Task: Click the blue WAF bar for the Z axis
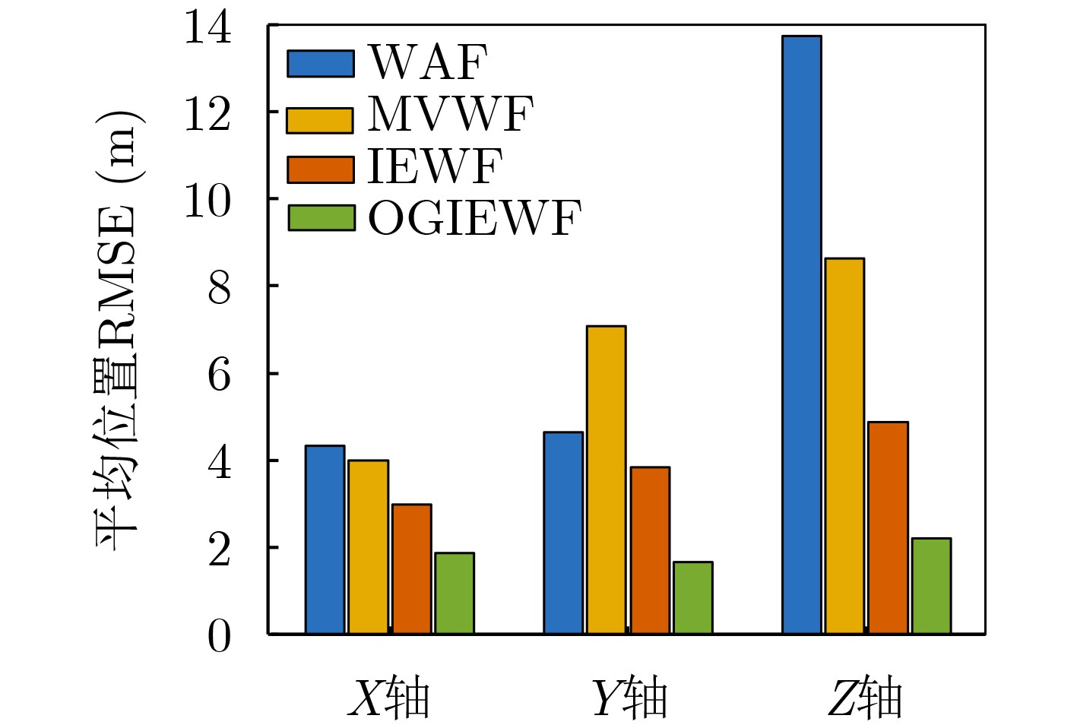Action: click(801, 334)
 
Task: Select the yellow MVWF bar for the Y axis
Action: click(606, 480)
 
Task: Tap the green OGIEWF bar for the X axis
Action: click(455, 593)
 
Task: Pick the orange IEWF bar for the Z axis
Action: click(888, 527)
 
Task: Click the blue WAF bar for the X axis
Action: click(325, 540)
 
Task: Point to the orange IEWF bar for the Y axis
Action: click(650, 550)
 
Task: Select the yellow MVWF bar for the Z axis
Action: click(844, 446)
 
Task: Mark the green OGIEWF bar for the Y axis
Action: click(692, 597)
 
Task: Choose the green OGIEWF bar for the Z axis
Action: click(931, 586)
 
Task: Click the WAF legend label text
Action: click(427, 62)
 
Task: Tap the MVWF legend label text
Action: click(451, 116)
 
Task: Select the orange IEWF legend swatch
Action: click(320, 169)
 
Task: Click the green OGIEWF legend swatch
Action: click(321, 218)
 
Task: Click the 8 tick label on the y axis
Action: click(219, 288)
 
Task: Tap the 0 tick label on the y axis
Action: click(219, 636)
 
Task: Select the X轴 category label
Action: click(389, 698)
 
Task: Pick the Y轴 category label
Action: click(629, 698)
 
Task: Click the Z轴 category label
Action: click(865, 698)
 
